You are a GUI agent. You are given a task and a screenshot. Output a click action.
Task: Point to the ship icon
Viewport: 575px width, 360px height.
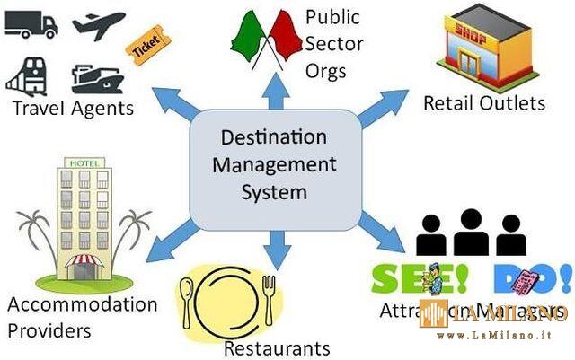[x=95, y=79]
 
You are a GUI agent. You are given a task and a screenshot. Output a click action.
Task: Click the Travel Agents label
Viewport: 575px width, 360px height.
[x=72, y=109]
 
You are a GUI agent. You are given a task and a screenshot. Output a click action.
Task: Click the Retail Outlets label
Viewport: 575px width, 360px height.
[x=484, y=103]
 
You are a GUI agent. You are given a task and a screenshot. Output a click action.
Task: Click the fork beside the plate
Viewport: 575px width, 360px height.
[x=267, y=298]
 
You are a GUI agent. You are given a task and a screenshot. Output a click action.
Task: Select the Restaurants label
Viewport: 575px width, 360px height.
[x=277, y=347]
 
